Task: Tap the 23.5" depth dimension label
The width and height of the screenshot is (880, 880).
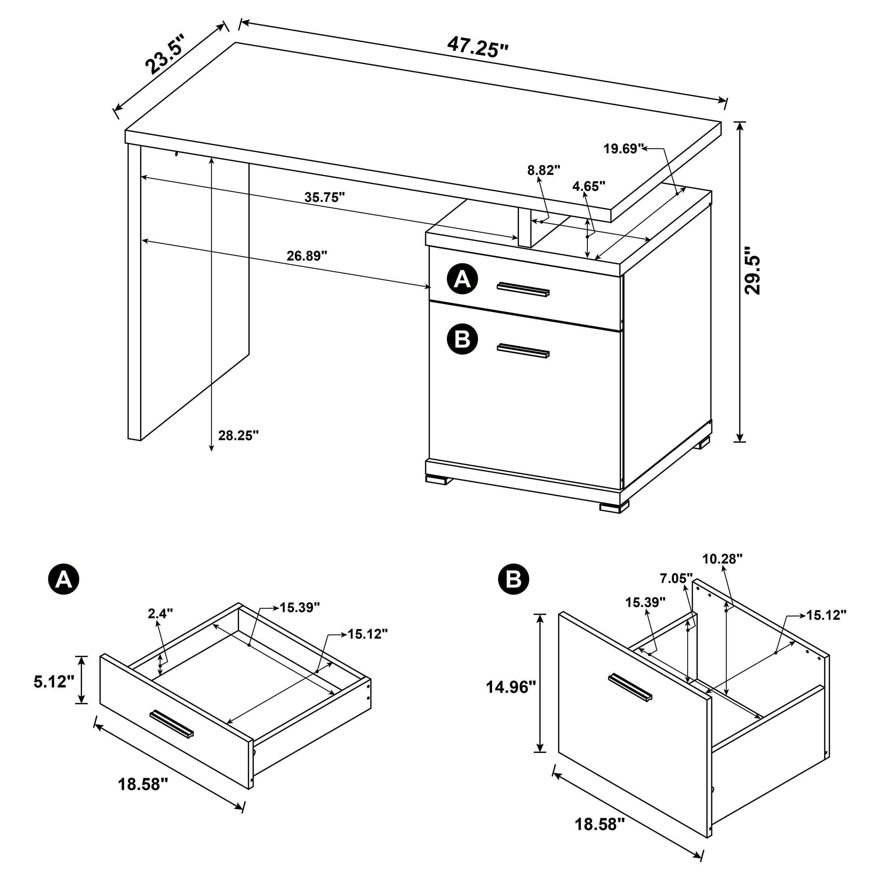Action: [166, 54]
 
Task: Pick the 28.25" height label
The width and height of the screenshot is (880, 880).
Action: [238, 435]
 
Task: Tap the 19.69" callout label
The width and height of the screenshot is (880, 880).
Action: [623, 149]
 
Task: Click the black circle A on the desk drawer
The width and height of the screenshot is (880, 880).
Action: [462, 279]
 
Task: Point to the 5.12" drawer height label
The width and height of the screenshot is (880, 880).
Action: [54, 682]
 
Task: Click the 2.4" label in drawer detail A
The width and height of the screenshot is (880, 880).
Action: [160, 614]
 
